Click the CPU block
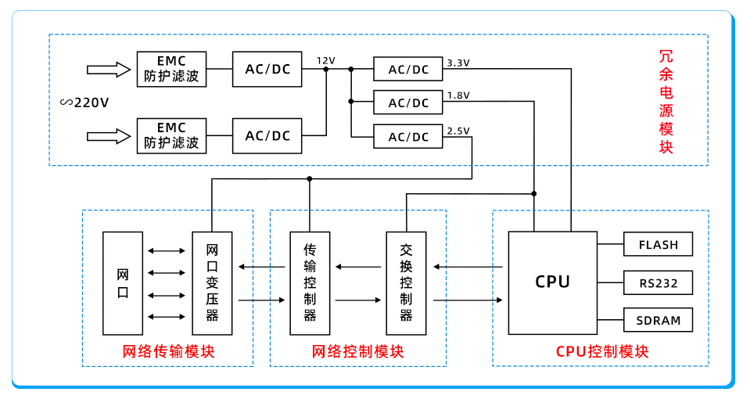552,282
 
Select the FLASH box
658,244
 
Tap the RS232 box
658,282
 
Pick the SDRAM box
658,320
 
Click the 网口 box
123,283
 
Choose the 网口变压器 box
212,283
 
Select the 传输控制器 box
310,283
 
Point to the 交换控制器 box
406,283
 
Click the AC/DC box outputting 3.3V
408,69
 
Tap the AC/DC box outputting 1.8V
408,102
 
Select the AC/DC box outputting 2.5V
408,137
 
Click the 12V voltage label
325,60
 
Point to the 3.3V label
458,62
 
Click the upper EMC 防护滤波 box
171,69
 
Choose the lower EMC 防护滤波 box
171,135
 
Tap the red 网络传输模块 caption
168,351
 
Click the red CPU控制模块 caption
602,351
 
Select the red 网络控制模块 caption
357,351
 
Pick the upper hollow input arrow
108,70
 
